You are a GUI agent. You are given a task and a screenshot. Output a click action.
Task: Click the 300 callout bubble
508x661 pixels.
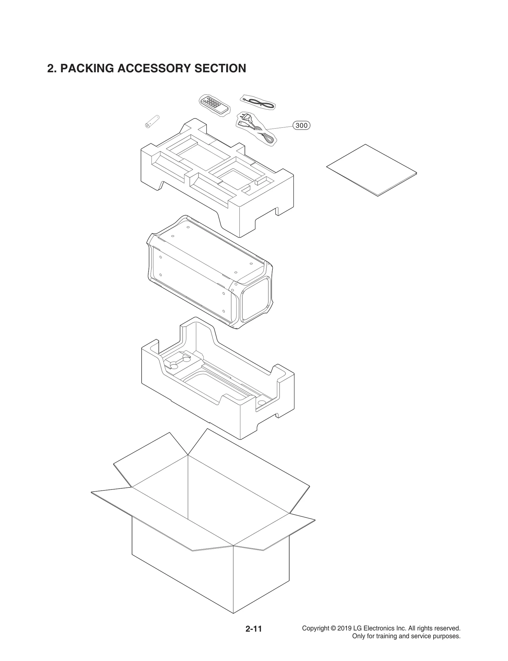[301, 125]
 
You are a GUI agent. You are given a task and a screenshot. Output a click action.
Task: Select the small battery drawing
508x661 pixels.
[152, 121]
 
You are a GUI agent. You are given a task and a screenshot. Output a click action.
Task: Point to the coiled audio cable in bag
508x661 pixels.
[258, 103]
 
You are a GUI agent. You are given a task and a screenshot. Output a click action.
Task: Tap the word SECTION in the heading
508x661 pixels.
[220, 68]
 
